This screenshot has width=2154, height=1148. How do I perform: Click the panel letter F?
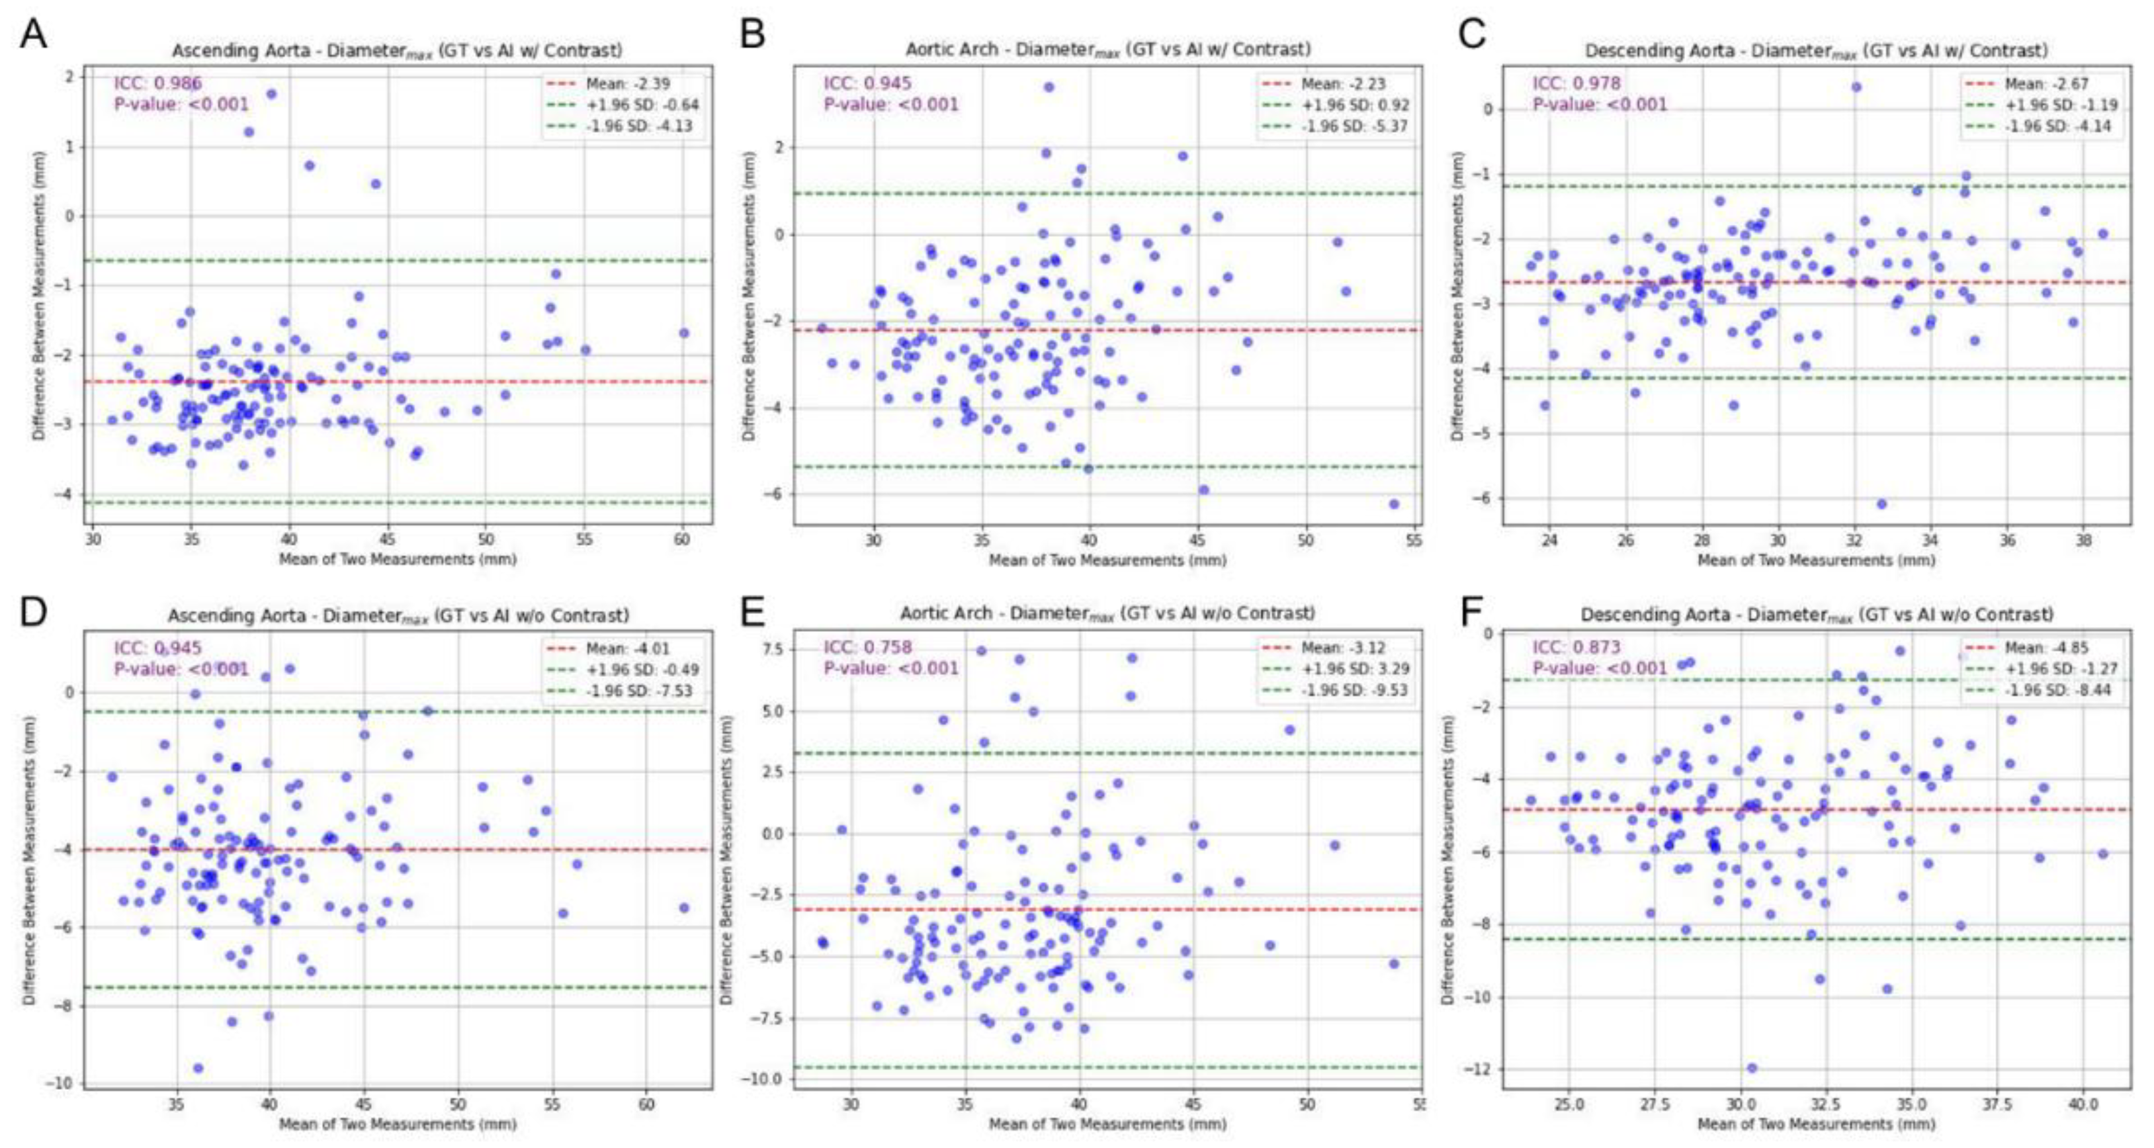pyautogui.click(x=1473, y=612)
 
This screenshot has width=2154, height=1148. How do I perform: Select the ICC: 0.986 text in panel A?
pyautogui.click(x=158, y=83)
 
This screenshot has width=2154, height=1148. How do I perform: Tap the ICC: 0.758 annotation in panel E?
pyautogui.click(x=867, y=647)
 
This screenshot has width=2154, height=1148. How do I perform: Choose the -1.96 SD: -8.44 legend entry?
pyautogui.click(x=2044, y=691)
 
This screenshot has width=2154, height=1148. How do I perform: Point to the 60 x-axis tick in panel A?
pyautogui.click(x=681, y=540)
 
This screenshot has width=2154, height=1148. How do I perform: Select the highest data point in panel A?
pyautogui.click(x=271, y=94)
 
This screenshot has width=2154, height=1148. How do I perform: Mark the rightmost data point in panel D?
pyautogui.click(x=684, y=907)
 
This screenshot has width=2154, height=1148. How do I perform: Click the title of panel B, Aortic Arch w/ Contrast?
pyautogui.click(x=1108, y=50)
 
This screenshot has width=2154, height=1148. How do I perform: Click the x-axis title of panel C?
pyautogui.click(x=1816, y=560)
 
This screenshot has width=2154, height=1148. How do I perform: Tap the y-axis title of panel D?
pyautogui.click(x=30, y=860)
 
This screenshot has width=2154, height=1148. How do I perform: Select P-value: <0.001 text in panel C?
pyautogui.click(x=1599, y=105)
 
